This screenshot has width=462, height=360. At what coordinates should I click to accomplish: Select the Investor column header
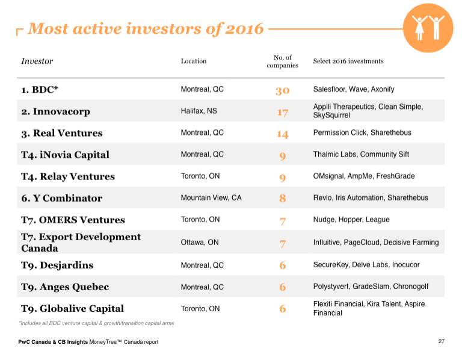click(x=37, y=61)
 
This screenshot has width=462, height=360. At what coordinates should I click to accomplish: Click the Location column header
click(x=193, y=61)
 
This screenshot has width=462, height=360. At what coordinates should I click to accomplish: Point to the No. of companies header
click(x=282, y=61)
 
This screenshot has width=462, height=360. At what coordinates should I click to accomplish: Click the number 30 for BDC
click(x=282, y=90)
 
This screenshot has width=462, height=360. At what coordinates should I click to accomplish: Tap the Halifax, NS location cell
click(x=200, y=111)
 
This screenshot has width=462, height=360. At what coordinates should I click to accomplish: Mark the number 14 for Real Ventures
click(x=282, y=134)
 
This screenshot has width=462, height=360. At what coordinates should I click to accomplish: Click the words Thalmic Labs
click(x=334, y=155)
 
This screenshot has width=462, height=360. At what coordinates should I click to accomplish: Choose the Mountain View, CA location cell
click(x=211, y=198)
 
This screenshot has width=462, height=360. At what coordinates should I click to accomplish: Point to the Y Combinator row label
click(x=61, y=198)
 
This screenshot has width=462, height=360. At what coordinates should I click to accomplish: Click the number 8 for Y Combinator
click(x=282, y=198)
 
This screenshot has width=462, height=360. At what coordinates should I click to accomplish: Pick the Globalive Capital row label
click(x=72, y=308)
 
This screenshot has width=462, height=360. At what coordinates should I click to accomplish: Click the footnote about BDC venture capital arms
click(x=96, y=323)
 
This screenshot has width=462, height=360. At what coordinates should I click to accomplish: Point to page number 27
click(x=441, y=342)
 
